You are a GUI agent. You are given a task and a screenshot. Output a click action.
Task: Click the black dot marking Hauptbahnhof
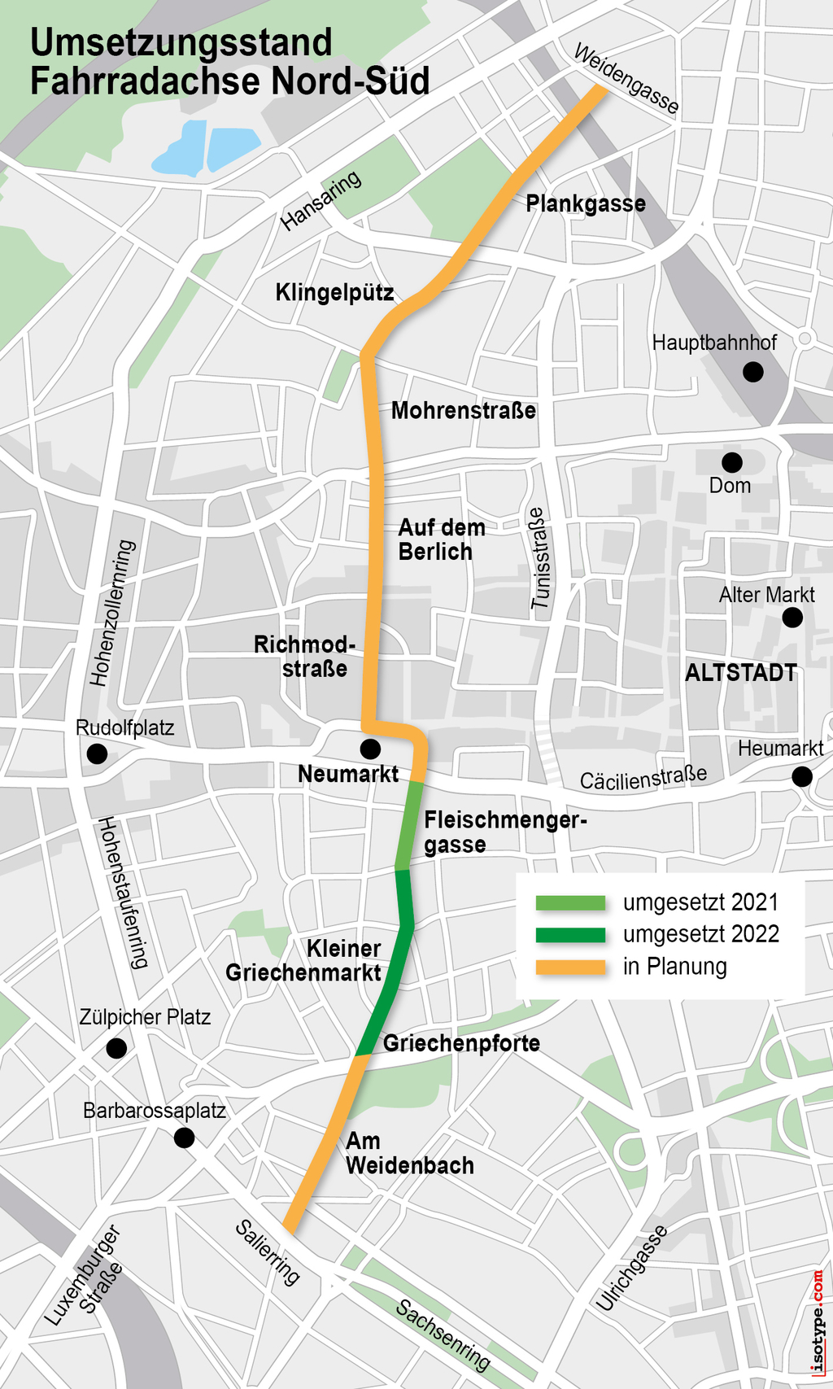pos(753,372)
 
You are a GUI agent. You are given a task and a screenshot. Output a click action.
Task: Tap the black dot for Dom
pos(732,462)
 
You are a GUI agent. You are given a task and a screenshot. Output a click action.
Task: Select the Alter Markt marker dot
pos(792,618)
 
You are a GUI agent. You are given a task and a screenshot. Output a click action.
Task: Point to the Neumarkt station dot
pos(370,748)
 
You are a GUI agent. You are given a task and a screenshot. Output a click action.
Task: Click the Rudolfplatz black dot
pos(97,753)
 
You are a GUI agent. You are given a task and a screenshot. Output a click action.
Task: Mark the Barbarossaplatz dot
pos(185,1138)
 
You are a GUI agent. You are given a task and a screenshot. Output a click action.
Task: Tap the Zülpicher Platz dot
pos(116,1048)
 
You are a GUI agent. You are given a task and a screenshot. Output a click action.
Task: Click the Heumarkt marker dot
pos(802,776)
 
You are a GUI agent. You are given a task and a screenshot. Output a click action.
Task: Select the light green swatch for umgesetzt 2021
pos(570,902)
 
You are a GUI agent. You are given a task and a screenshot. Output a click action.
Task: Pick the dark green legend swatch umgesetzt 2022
pos(570,934)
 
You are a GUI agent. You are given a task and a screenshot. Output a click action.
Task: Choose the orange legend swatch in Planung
pos(570,967)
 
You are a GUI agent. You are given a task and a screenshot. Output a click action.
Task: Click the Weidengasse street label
pos(626,79)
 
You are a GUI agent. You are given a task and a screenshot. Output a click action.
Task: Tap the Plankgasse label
pos(586,203)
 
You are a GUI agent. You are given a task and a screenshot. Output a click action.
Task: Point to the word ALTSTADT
pos(740,673)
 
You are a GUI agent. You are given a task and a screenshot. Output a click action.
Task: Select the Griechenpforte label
pos(461,1043)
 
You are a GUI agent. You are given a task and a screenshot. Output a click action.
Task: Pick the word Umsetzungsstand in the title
pos(181,42)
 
